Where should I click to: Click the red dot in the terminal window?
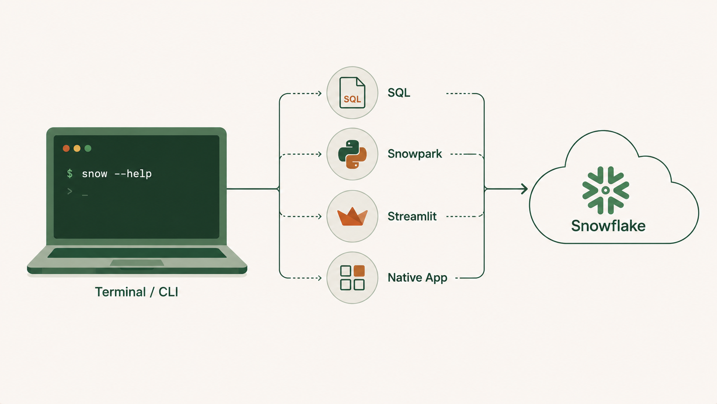[x=66, y=149]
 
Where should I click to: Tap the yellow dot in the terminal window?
[x=77, y=149]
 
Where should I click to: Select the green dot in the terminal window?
[x=88, y=149]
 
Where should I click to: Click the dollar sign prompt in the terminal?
[x=70, y=173]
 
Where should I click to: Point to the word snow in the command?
[x=94, y=174]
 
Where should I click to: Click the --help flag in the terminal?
[x=133, y=174]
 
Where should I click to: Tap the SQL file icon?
[x=352, y=93]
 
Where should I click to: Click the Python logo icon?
[x=352, y=154]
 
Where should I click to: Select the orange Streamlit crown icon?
[x=352, y=216]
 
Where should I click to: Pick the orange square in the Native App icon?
[x=359, y=271]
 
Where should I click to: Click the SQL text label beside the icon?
[x=399, y=93]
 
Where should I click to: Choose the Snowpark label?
[x=415, y=154]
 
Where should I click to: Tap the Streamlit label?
[x=412, y=216]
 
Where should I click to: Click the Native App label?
[x=417, y=278]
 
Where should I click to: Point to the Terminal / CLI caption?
[x=136, y=292]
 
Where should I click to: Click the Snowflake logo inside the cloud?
[x=605, y=190]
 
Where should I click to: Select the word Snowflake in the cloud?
[x=608, y=226]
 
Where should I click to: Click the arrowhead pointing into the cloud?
[x=524, y=189]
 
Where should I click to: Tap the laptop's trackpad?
[x=137, y=263]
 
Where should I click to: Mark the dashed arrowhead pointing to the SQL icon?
[x=319, y=94]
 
